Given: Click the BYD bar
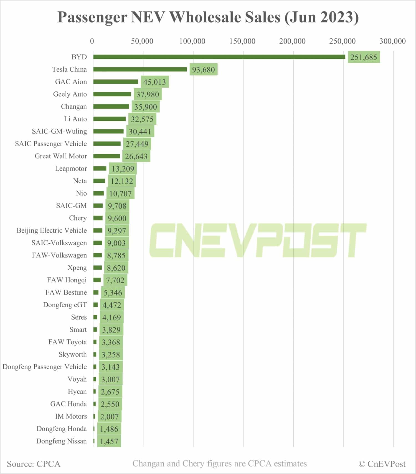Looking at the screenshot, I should (219, 57).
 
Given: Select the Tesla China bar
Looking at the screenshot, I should (140, 69).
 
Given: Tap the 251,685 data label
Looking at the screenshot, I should (364, 57).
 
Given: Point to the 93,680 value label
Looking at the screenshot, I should (203, 69).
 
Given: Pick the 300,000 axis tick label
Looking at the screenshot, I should (392, 41).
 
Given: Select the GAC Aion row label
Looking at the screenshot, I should (71, 82).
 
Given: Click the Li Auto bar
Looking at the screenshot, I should (110, 119).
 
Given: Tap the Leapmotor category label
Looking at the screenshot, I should (71, 168).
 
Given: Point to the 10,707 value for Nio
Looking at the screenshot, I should (120, 194).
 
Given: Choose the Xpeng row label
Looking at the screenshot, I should (77, 267).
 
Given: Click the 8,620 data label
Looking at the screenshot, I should (116, 268).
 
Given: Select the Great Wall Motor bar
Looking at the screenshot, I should (106, 156).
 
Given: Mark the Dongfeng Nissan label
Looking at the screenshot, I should (61, 441).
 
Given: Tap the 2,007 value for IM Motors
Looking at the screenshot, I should (109, 417).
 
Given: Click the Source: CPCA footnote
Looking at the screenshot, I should (34, 464).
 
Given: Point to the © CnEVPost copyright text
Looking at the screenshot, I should (382, 464).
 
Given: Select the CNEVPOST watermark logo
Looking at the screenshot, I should (258, 240).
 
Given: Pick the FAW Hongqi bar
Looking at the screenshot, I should (97, 280).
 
